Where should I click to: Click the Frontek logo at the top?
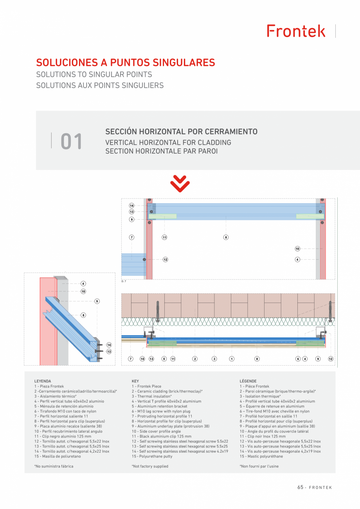pos(296,31)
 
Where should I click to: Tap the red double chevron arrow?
pos(180,184)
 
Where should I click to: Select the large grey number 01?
pos(71,141)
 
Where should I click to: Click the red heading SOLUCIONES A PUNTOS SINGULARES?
pos(126,63)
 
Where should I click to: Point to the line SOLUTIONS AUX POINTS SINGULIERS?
pos(100,85)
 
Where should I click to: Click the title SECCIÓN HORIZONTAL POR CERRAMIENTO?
pos(181,132)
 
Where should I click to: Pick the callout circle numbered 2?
pos(195,359)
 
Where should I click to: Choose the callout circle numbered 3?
pos(214,359)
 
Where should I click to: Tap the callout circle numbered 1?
pos(232,359)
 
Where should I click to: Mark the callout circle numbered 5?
pos(164,359)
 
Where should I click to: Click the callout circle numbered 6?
pos(298,359)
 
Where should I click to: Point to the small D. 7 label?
pos(124,282)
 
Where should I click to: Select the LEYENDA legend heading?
pos(43,381)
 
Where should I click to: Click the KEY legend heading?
pos(135,381)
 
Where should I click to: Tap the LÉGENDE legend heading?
pos(248,381)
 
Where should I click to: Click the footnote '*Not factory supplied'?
pos(150,466)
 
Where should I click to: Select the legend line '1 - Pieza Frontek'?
pos(49,386)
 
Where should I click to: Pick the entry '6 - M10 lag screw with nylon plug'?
pos(161,411)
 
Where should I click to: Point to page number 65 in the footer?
pos(300,487)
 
